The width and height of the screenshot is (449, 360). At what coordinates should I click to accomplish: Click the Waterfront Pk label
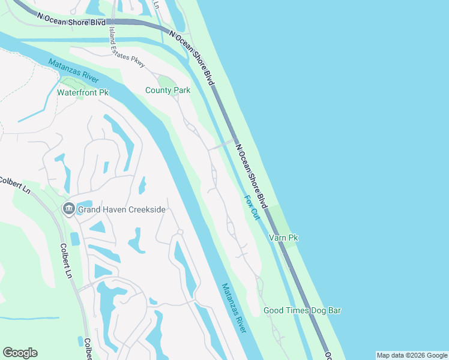82,93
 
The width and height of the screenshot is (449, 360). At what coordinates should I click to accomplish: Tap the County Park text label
167,91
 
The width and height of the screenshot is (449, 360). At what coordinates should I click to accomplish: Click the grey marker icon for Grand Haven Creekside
67,209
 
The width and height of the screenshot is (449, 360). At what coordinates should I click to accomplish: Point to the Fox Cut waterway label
252,208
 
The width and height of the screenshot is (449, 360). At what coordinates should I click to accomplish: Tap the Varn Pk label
284,238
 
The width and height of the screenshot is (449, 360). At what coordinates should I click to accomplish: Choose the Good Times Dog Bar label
302,310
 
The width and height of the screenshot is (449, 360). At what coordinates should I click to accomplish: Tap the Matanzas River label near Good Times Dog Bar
235,308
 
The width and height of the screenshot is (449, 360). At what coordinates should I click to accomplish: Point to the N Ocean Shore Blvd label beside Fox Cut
252,176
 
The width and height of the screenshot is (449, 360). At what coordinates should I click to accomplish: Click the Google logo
20,353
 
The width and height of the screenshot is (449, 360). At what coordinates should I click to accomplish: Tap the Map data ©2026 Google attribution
412,355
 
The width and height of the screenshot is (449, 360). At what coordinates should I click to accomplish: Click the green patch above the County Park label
165,81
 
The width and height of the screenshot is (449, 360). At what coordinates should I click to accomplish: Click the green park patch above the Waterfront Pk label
70,82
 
